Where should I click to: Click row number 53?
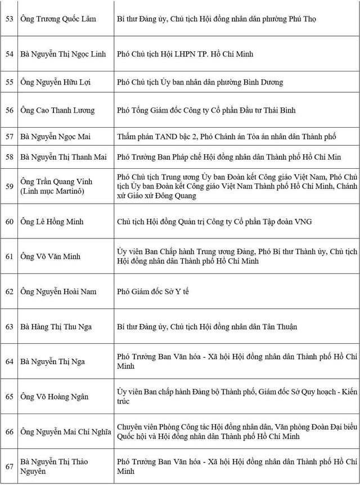(10, 19)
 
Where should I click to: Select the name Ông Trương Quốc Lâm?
(58, 19)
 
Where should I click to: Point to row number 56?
(10, 110)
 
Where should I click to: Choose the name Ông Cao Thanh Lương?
(58, 110)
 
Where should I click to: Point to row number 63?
(10, 326)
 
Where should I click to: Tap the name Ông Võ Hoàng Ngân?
(55, 397)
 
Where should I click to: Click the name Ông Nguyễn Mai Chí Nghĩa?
(65, 432)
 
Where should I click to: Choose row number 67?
(10, 466)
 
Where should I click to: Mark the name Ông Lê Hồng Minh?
(52, 222)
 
